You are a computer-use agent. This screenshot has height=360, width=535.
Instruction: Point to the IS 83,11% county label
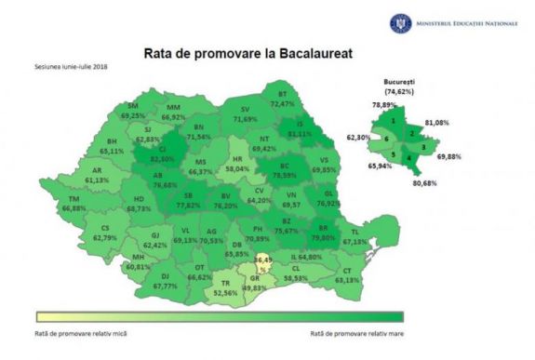299,129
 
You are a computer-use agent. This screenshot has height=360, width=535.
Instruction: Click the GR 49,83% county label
254,284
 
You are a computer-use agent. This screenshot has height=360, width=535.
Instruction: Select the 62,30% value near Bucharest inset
359,137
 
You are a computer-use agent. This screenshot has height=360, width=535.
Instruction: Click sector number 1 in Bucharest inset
394,121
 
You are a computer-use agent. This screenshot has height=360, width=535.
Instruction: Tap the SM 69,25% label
139,111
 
